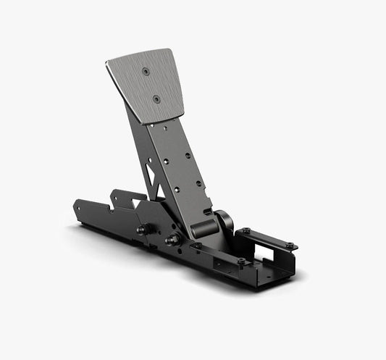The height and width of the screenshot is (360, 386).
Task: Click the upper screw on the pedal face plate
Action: pos(146,71)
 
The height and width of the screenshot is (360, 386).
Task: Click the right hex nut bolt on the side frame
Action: pos(174,240)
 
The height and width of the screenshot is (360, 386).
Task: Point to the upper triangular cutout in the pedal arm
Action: pos(149,171)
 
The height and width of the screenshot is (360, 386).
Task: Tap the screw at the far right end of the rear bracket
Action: pos(289,246)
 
